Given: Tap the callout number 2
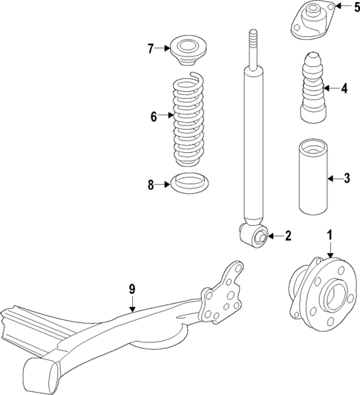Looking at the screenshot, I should click(x=288, y=237).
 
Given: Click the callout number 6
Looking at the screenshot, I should click(x=154, y=117).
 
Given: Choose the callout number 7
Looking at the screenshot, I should click(x=150, y=50).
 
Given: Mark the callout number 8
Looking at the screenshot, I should click(x=150, y=186).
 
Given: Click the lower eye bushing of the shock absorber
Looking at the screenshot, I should click(x=259, y=237).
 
